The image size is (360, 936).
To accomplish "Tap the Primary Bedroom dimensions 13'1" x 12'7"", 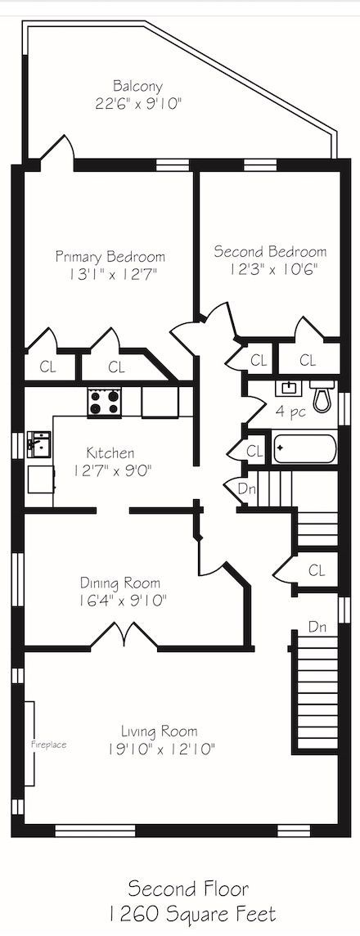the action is tap(110, 275).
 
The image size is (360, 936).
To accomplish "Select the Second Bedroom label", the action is tap(271, 251).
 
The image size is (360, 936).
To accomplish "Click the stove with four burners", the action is tap(105, 401).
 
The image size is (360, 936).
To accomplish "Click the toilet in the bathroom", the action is tap(323, 396).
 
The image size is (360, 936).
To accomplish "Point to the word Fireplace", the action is tap(49, 745).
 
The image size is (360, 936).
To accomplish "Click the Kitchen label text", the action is tap(110, 453).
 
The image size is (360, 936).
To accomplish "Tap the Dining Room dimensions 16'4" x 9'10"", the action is tap(120, 601).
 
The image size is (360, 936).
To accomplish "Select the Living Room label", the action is tap(160, 731).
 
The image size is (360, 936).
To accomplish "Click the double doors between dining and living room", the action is tap(124, 635).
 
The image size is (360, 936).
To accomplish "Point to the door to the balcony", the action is tap(61, 149).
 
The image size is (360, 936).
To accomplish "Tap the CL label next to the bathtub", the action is tap(254, 452).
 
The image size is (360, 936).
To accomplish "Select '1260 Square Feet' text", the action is tap(192, 913).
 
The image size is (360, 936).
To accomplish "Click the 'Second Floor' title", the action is tap(188, 889).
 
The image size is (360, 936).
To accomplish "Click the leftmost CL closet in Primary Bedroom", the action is tap(47, 367).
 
